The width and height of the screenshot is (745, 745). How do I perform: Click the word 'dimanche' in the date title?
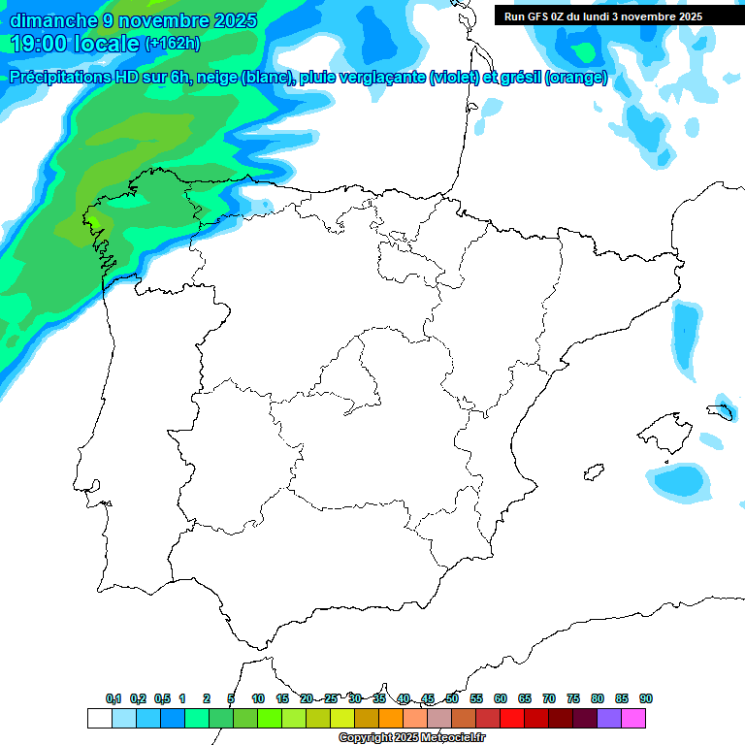(53, 20)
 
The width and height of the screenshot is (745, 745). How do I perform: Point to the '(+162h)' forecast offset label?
(174, 44)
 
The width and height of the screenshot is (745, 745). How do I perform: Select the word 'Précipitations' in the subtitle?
(70, 78)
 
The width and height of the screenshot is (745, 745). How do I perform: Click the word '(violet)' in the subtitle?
(455, 78)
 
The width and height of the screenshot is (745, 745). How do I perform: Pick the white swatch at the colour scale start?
(99, 719)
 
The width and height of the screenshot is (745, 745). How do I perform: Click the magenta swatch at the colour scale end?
(633, 719)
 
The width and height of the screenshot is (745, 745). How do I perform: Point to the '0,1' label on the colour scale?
(113, 698)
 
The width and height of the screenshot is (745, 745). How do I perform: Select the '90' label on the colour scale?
(646, 698)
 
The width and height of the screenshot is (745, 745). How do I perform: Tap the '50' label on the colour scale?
(452, 698)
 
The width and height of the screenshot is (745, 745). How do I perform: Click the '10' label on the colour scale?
(258, 698)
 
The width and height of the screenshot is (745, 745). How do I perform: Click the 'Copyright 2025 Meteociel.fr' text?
(412, 738)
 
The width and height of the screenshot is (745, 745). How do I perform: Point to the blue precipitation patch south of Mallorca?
(679, 480)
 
